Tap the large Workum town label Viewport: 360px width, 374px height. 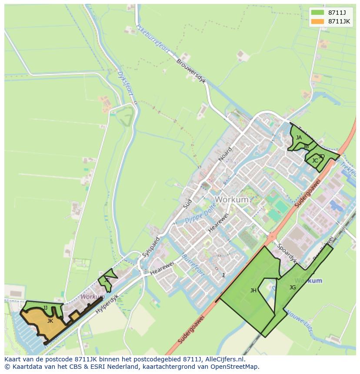coord(232,200)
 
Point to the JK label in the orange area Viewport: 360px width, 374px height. coord(50,321)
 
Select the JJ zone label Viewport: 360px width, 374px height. coord(45,308)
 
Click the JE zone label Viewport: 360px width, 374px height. coord(107,280)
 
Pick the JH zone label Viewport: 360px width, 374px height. coord(253,291)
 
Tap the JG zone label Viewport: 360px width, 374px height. coord(293,287)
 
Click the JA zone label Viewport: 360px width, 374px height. coord(299,138)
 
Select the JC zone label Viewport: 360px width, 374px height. coord(315,161)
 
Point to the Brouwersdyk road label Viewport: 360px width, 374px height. coord(191,69)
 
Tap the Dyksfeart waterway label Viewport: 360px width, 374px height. coord(126,79)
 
